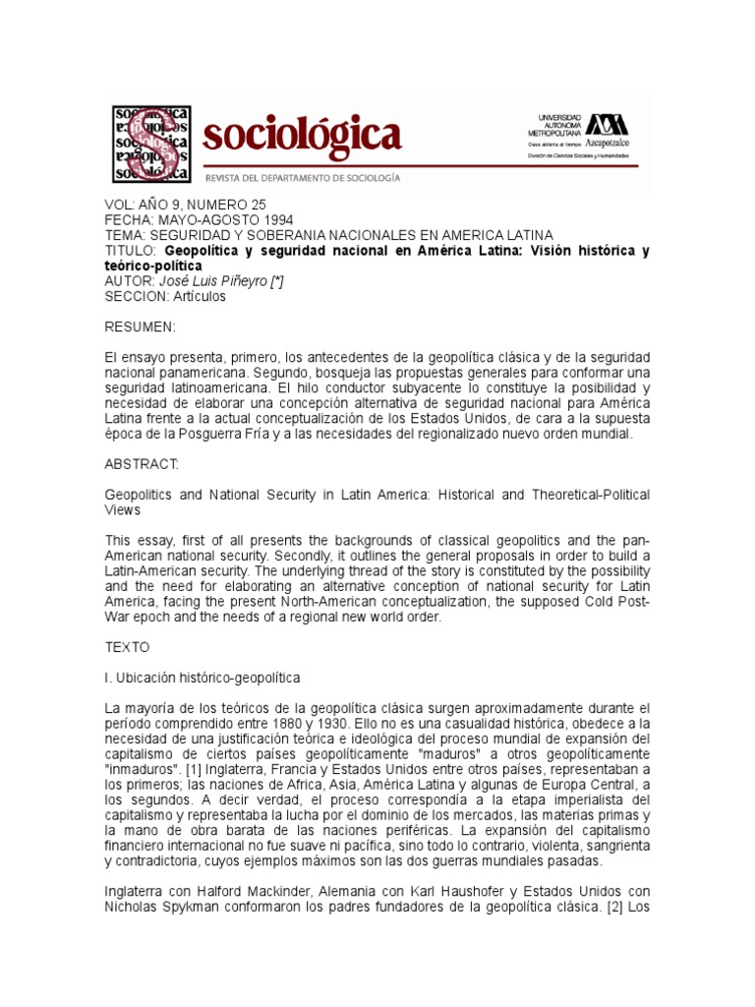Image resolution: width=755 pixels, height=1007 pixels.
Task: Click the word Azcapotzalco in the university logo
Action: coord(611,144)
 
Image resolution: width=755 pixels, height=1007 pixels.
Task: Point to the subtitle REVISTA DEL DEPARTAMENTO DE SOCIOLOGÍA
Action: coord(302,177)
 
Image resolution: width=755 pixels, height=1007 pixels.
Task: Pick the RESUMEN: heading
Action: coord(140,326)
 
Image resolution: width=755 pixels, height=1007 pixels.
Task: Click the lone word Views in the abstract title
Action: coord(122,509)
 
